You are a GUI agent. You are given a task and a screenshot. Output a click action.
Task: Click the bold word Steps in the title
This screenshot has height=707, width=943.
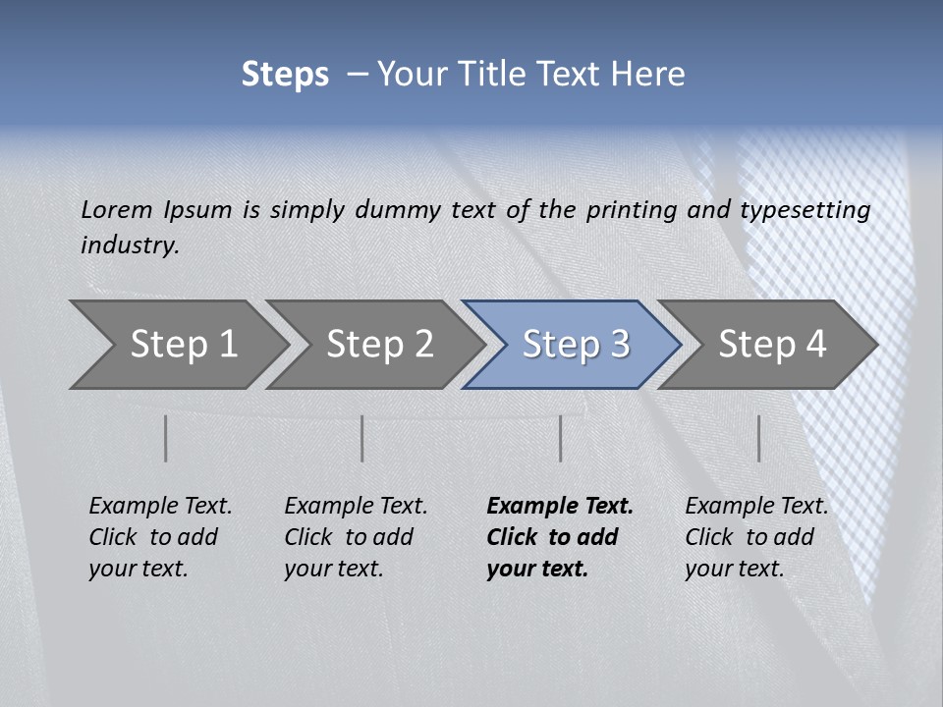(285, 75)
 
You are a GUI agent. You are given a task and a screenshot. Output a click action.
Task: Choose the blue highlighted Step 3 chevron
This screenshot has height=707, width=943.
(576, 345)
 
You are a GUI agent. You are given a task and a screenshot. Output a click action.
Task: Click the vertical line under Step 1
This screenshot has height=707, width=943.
(166, 438)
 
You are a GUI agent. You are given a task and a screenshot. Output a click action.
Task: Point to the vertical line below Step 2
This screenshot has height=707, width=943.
(362, 438)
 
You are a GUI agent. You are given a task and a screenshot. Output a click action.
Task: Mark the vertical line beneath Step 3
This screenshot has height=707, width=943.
(560, 438)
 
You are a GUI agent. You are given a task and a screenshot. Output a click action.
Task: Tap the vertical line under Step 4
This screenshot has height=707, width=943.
(758, 438)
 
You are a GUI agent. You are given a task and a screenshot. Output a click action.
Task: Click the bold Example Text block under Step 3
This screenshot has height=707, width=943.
(560, 537)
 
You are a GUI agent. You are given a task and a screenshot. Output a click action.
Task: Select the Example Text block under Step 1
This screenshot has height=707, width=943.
(160, 537)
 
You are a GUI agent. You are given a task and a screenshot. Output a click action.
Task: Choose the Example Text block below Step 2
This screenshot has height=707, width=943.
(356, 537)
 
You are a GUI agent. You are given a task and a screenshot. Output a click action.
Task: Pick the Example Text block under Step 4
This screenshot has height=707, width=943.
(756, 537)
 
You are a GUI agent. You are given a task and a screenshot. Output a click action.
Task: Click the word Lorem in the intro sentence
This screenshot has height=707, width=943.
(117, 210)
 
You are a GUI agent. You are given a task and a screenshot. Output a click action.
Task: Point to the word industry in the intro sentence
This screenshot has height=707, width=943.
(129, 245)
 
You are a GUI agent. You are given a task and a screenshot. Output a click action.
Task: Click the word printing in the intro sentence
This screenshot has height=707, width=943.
(631, 210)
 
